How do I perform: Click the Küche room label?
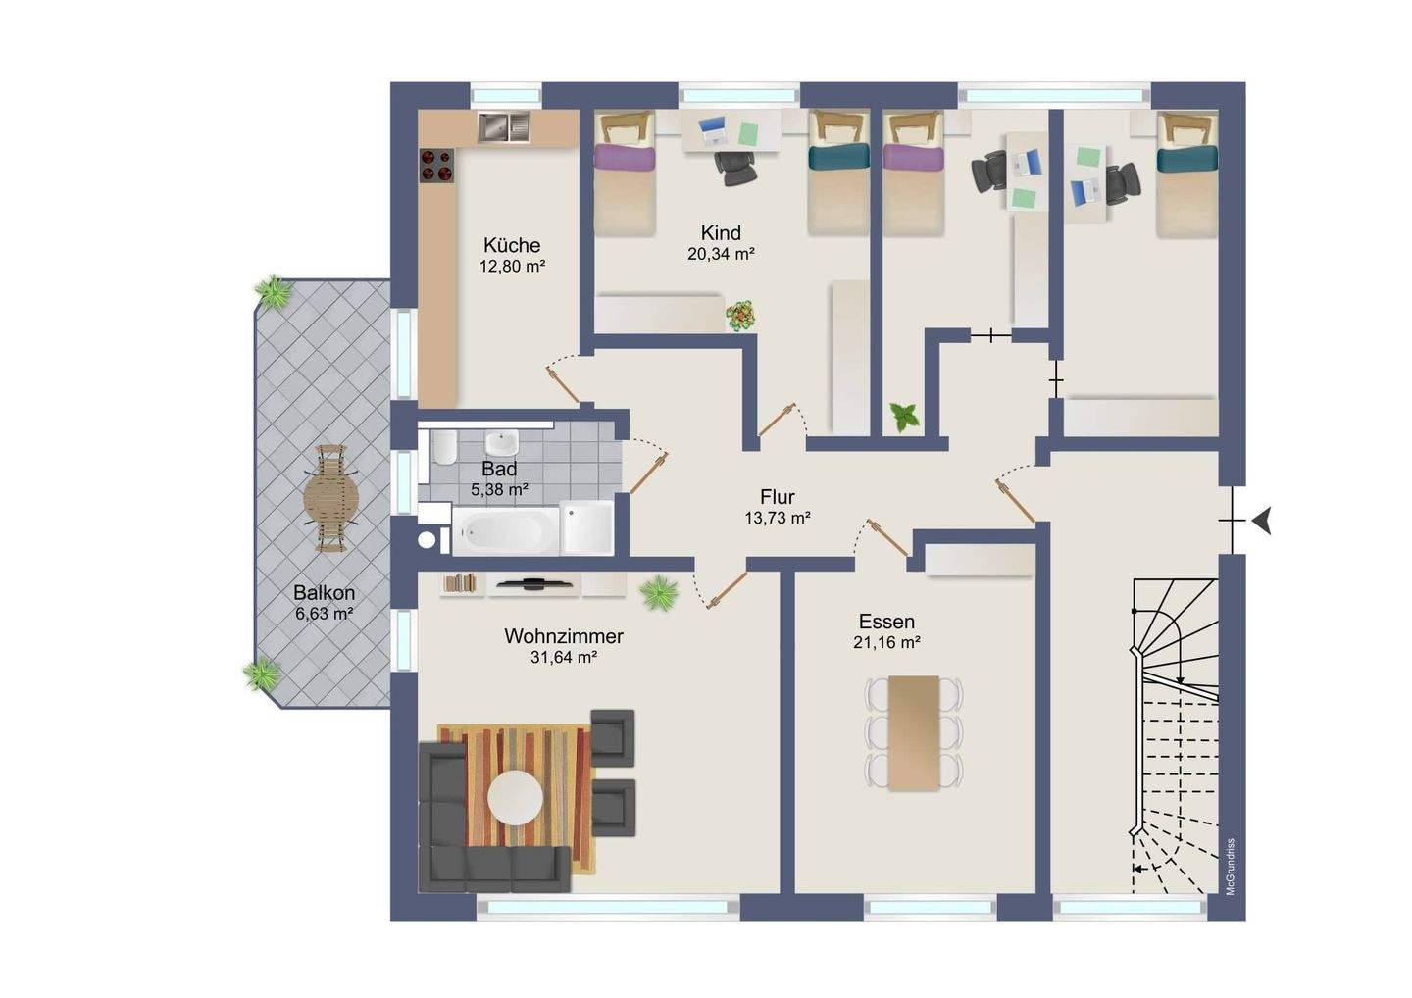click(512, 244)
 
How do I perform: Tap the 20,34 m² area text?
click(721, 254)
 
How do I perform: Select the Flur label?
click(778, 496)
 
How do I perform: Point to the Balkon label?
click(324, 593)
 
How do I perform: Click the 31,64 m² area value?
click(564, 658)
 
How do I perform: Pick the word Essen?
click(886, 622)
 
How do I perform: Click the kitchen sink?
click(503, 126)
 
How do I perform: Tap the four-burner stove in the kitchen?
click(437, 166)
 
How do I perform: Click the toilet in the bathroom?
click(444, 447)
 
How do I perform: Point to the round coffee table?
click(516, 798)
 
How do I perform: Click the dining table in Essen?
click(914, 733)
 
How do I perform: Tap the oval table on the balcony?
click(331, 498)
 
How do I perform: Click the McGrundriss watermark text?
click(1230, 867)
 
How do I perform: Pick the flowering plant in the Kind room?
click(740, 315)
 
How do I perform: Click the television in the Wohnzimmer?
click(534, 584)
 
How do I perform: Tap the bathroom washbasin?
click(502, 442)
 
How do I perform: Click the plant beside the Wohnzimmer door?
click(659, 593)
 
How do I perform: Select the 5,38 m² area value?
click(498, 489)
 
